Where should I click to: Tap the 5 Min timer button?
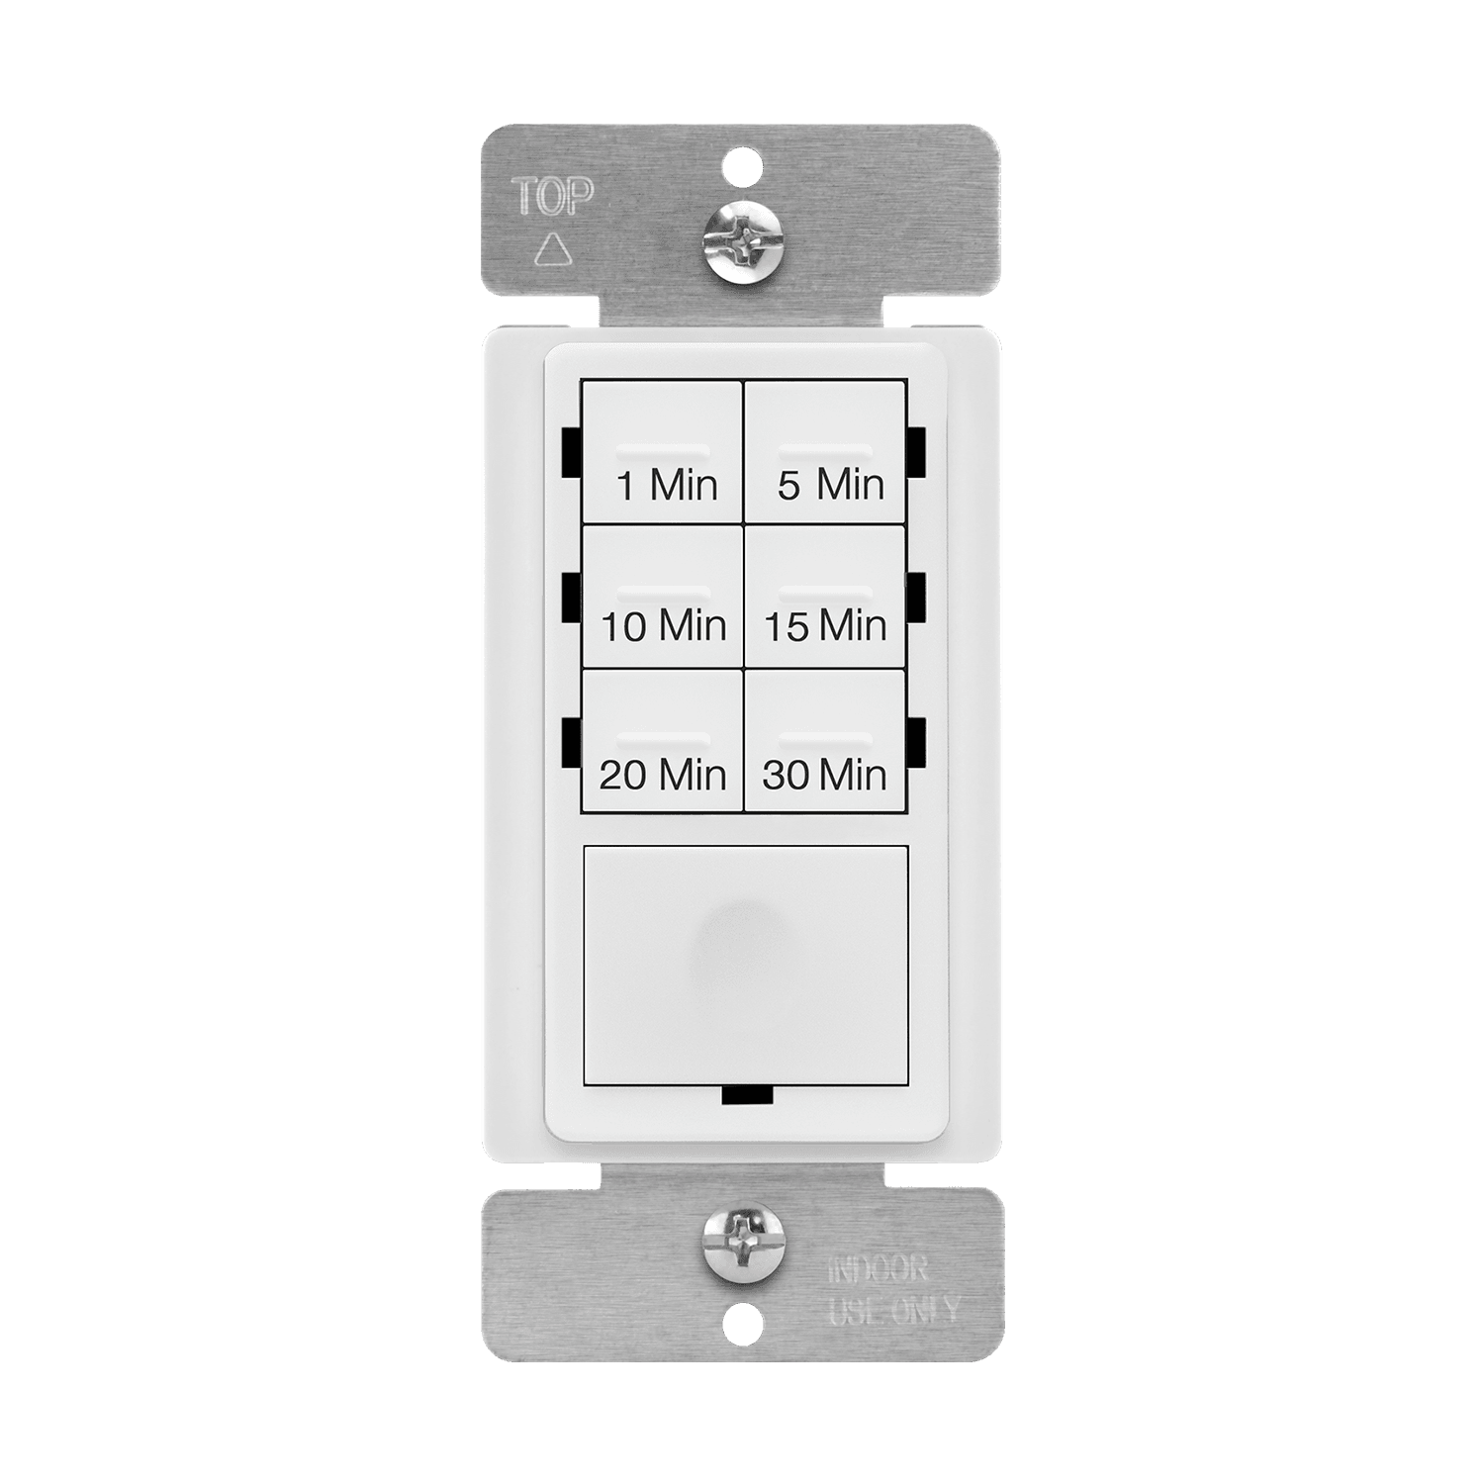pyautogui.click(x=824, y=452)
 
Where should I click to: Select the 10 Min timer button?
pyautogui.click(x=662, y=597)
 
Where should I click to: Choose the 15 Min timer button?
pyautogui.click(x=824, y=597)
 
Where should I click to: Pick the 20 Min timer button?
pyautogui.click(x=662, y=742)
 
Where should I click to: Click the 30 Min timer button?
pyautogui.click(x=824, y=742)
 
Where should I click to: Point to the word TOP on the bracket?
pyautogui.click(x=552, y=198)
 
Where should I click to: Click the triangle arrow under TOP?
pyautogui.click(x=549, y=250)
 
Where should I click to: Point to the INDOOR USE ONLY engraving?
pyautogui.click(x=892, y=1289)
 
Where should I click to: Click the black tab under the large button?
pyautogui.click(x=747, y=1094)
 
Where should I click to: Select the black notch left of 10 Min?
pyautogui.click(x=570, y=598)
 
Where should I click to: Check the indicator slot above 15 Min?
pyautogui.click(x=825, y=597)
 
